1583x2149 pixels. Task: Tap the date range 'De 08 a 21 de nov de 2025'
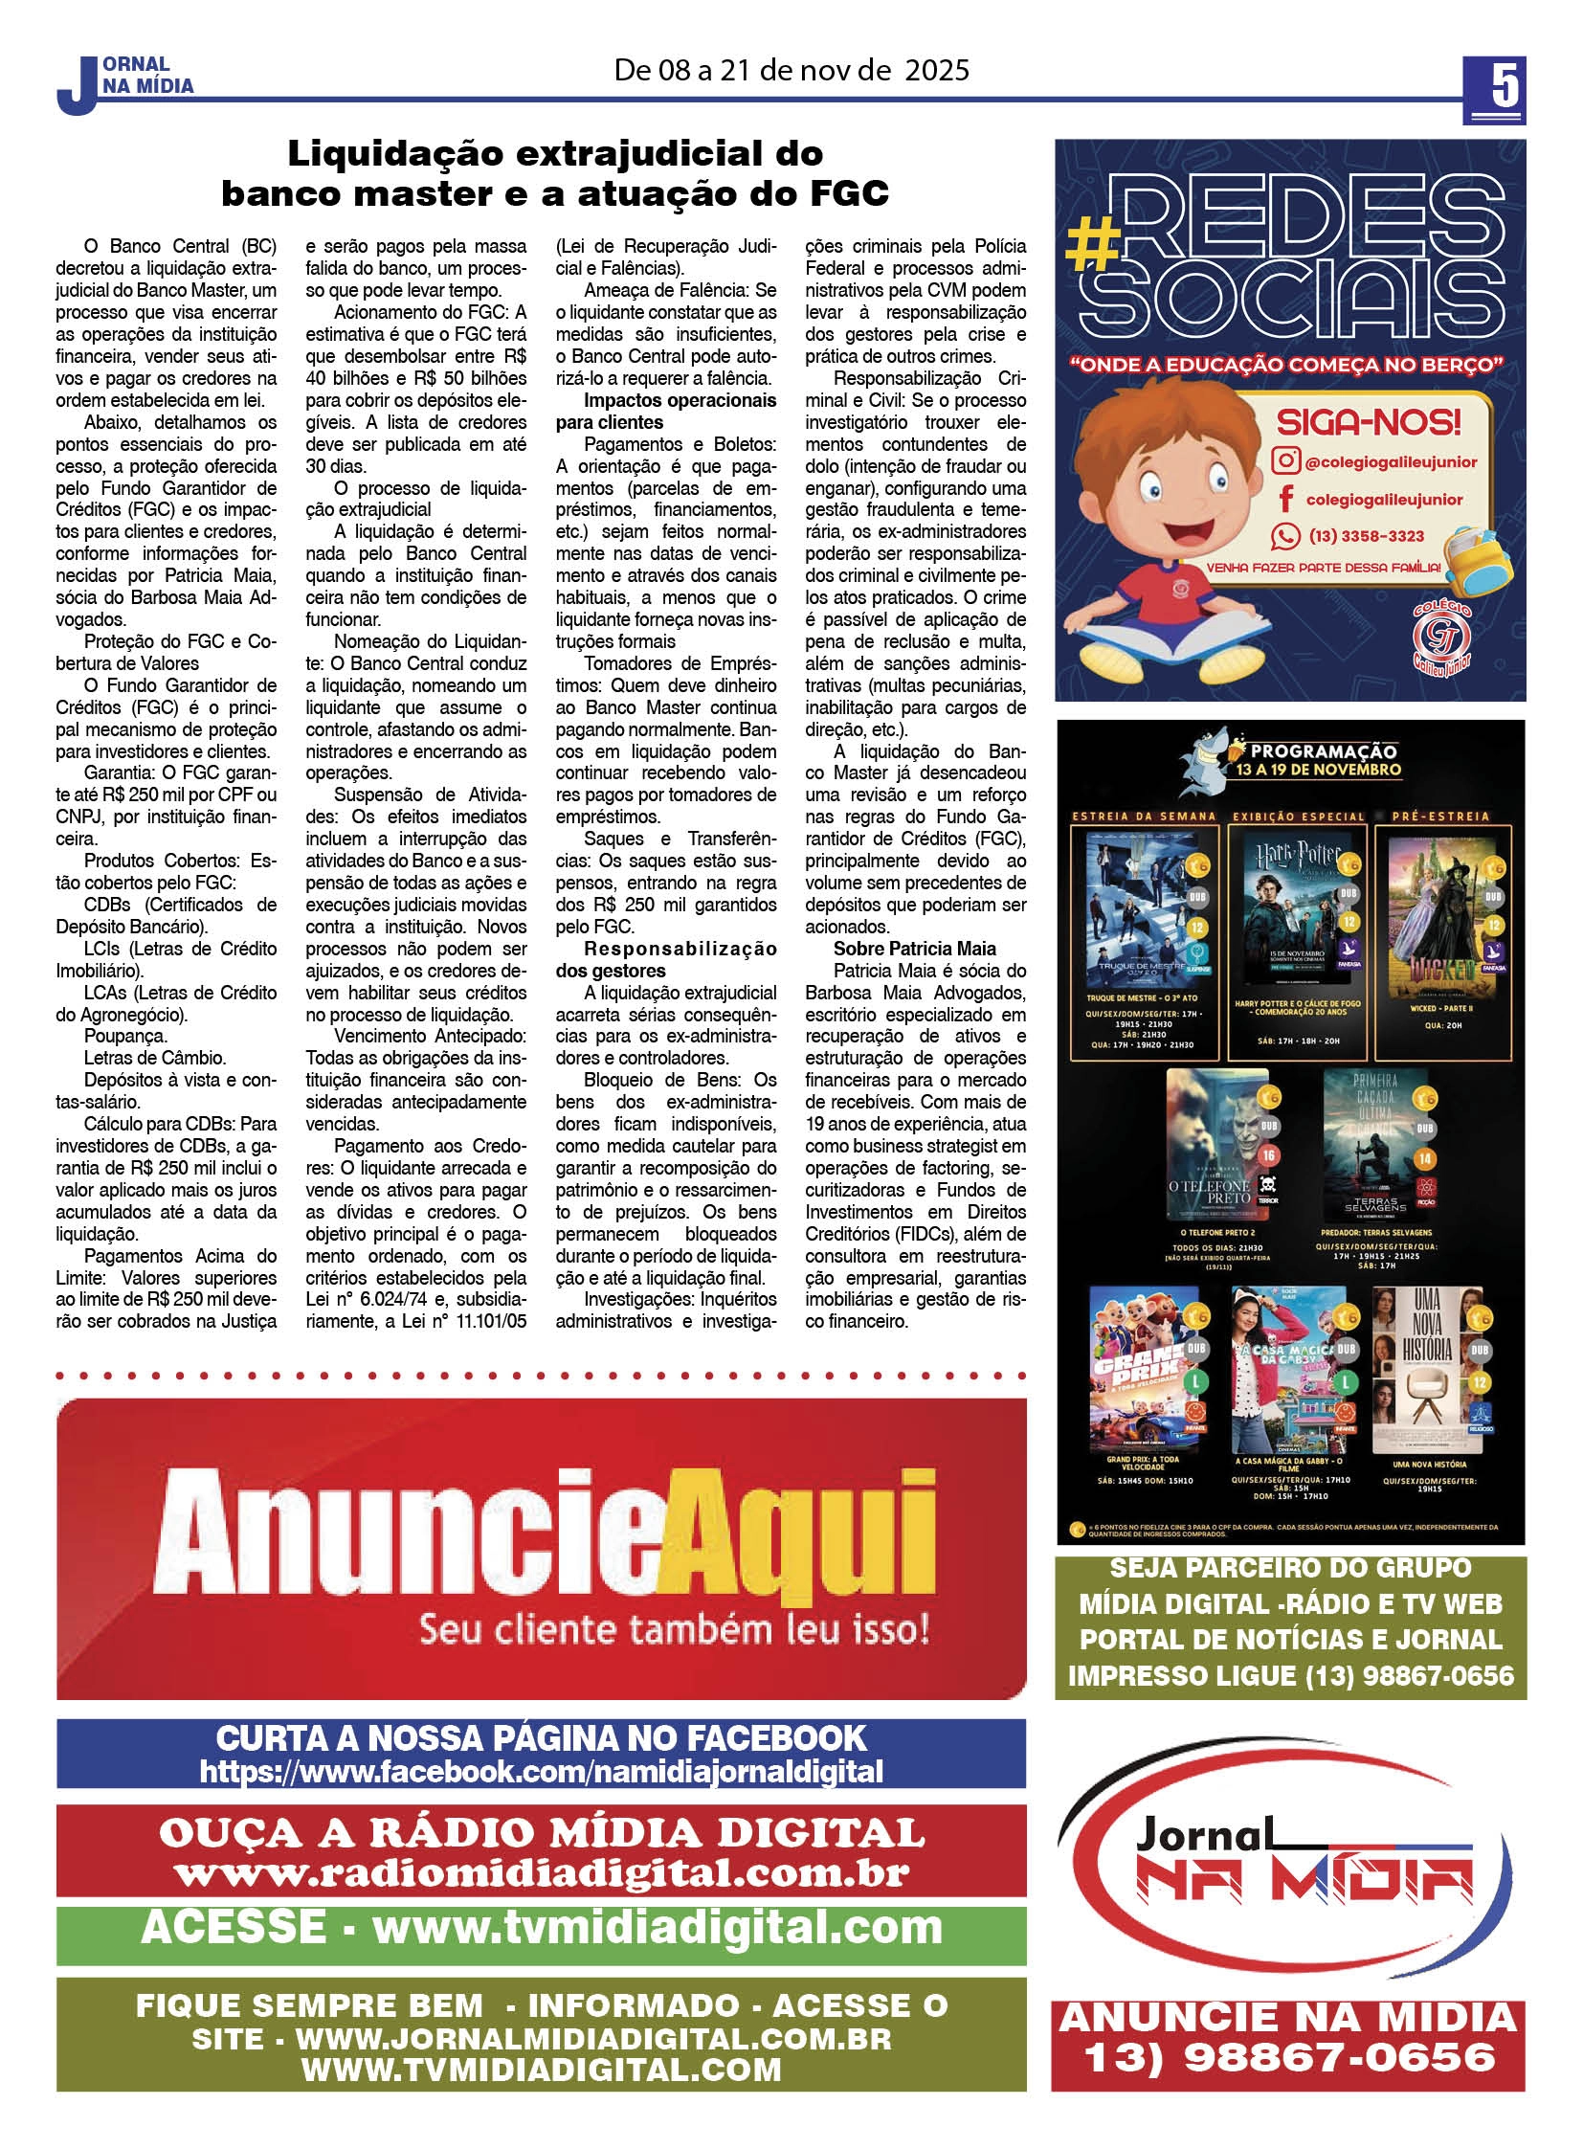[791, 70]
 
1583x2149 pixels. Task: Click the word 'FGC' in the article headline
[848, 193]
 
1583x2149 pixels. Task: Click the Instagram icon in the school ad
[1285, 461]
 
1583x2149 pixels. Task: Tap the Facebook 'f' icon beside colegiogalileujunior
[1286, 499]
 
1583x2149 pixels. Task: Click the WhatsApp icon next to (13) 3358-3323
[1285, 536]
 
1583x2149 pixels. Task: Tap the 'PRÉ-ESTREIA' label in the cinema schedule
[1440, 817]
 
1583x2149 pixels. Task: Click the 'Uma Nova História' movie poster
[1428, 1372]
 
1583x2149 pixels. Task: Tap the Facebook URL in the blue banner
[542, 1772]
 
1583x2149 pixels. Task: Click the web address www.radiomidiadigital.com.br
[542, 1874]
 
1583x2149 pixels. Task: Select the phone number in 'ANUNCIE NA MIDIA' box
[1288, 2056]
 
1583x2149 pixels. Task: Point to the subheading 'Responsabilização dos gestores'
[666, 959]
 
